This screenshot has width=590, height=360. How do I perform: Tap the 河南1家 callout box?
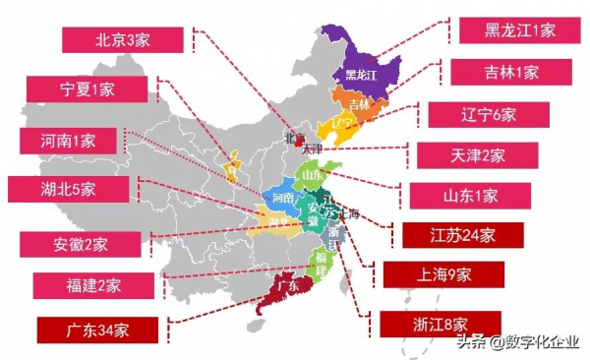68,140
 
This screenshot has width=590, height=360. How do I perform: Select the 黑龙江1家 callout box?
519,30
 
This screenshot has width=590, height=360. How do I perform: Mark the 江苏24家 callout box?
462,236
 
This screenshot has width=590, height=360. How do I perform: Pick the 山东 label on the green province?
313,175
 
